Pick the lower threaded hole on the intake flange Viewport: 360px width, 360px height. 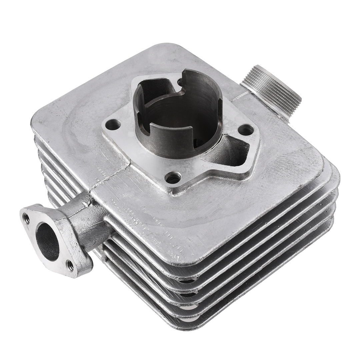click(x=70, y=266)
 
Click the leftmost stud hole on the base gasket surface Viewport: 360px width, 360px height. click(x=113, y=125)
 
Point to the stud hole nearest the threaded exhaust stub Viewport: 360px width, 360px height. click(x=246, y=129)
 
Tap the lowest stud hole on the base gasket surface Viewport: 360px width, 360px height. click(x=173, y=178)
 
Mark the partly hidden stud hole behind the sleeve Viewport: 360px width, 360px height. click(x=180, y=81)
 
